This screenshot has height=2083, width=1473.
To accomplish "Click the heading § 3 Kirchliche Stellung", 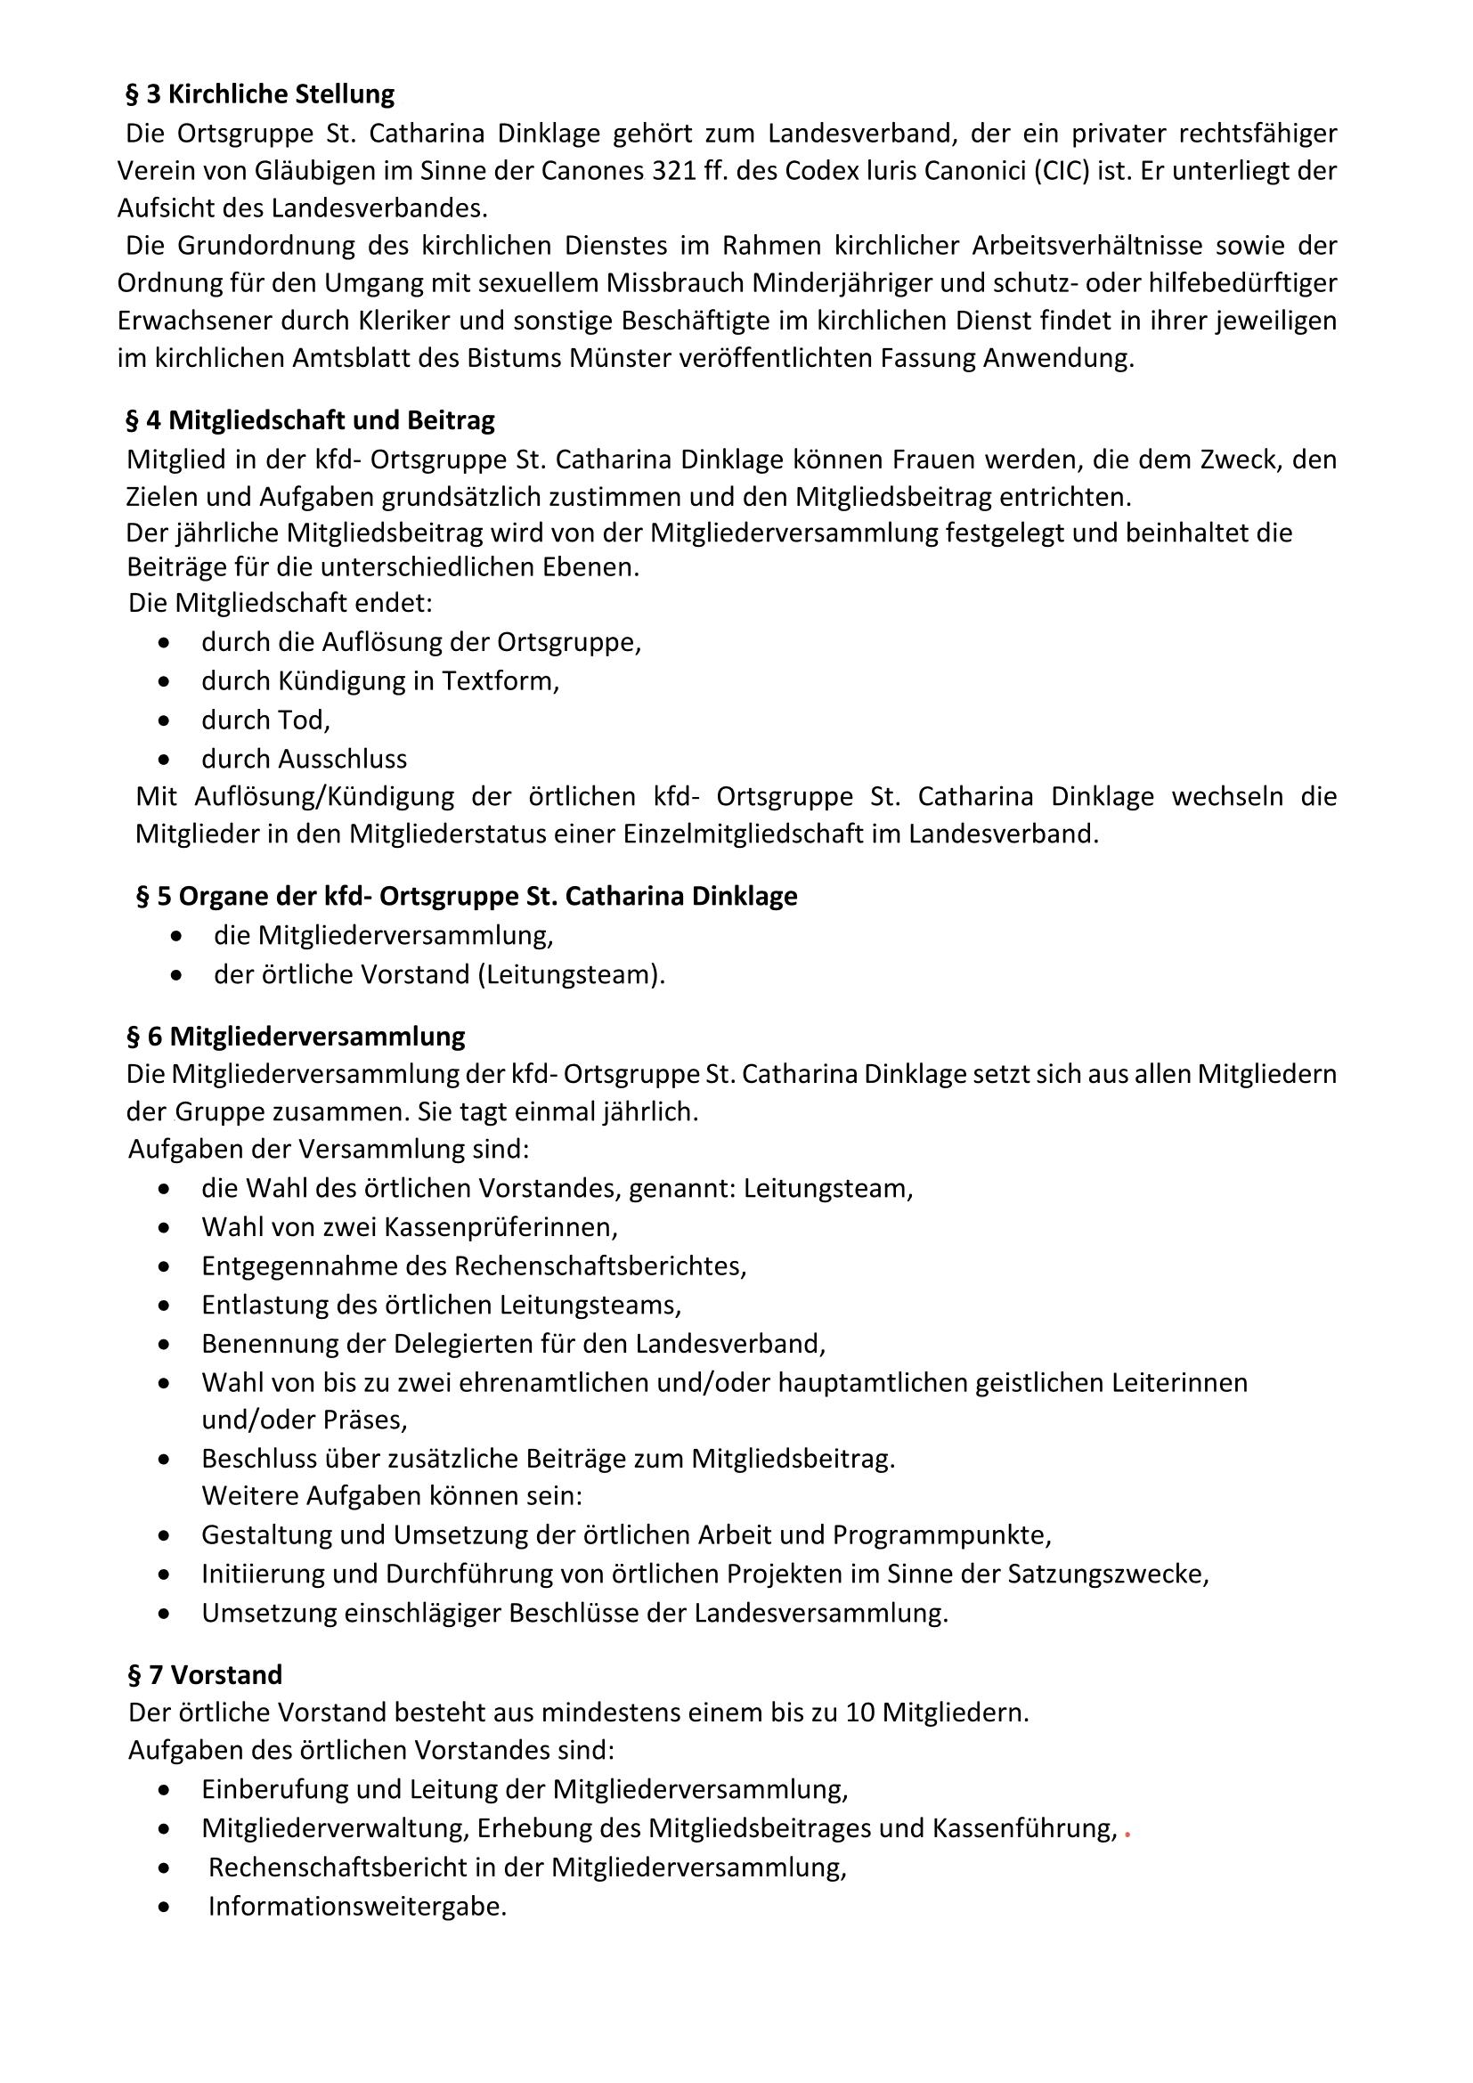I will pos(260,94).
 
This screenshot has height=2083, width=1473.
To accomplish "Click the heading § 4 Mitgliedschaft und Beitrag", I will pos(310,421).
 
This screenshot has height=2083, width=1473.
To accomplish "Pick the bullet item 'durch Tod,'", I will pos(265,720).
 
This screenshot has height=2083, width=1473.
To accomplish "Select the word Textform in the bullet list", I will pos(500,681).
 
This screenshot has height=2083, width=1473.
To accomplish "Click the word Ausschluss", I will pos(343,759).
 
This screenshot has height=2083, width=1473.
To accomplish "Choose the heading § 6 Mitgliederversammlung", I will pos(297,1036).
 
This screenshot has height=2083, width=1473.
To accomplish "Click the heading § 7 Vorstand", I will pos(206,1674).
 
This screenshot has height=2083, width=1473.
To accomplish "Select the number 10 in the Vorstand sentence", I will pos(860,1713).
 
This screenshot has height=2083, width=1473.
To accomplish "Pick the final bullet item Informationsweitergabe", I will pos(356,1906).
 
